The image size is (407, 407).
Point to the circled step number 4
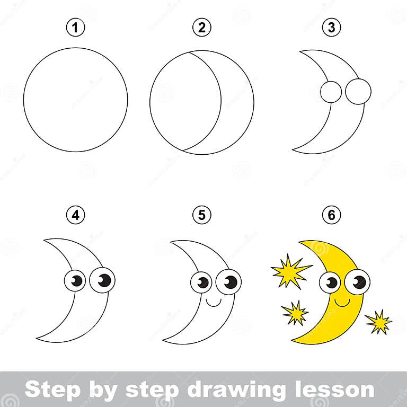tap(76, 215)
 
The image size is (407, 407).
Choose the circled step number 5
tap(201, 215)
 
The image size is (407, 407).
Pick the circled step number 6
tap(331, 215)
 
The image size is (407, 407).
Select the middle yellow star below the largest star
tap(295, 312)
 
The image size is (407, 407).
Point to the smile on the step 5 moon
tap(213, 302)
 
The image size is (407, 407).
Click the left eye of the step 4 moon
tap(75, 280)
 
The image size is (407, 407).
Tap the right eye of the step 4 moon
tap(102, 280)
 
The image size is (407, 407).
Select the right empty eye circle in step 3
tap(358, 92)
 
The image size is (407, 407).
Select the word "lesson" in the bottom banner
tap(332, 390)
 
